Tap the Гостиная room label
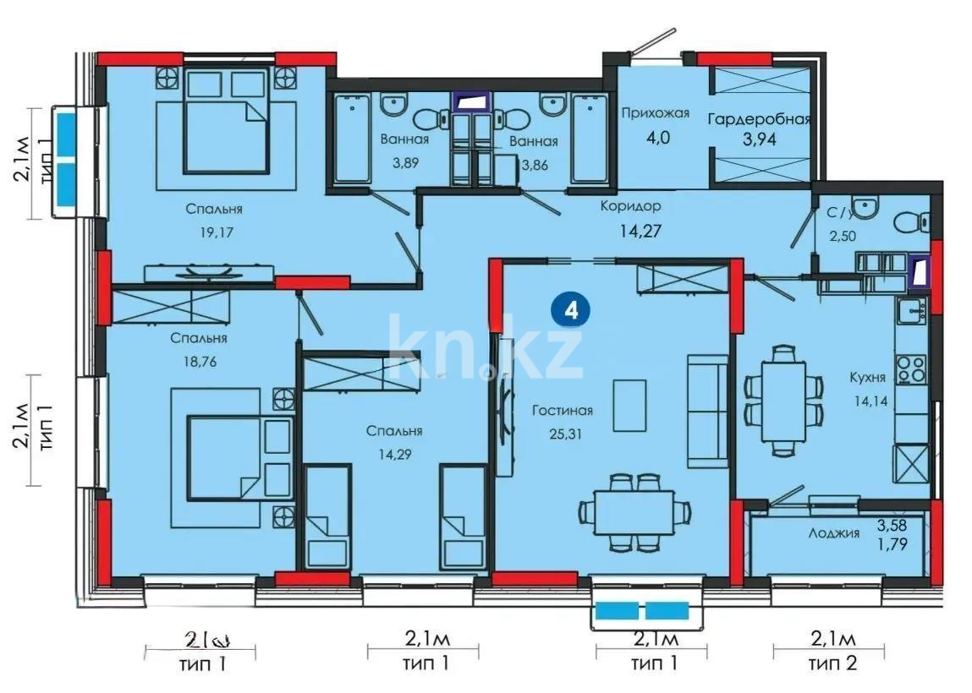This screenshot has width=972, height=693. point(563,411)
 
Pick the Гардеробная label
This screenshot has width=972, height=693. point(759,119)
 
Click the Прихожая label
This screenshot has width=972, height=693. point(656,112)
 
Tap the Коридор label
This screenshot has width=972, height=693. point(630,205)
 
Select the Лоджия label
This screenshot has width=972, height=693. point(834,532)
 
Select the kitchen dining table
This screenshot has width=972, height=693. point(783,399)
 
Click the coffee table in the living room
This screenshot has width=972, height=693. point(628,404)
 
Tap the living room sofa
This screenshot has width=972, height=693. point(706,411)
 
